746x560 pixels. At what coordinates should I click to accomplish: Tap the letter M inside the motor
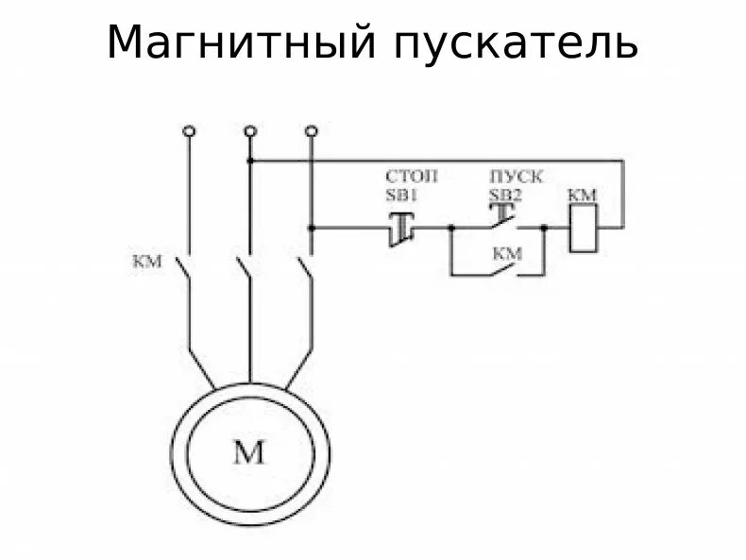(x=249, y=453)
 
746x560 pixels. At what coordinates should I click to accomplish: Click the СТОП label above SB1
(x=412, y=177)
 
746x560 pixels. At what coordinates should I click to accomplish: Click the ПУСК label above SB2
(x=516, y=177)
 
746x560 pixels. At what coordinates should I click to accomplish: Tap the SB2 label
(x=505, y=195)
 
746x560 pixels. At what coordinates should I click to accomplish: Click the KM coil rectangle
(x=583, y=228)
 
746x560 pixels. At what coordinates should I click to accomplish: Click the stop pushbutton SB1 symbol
(x=403, y=228)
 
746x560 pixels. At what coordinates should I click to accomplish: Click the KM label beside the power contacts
(x=149, y=261)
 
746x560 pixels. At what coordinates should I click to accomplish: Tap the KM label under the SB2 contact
(x=507, y=253)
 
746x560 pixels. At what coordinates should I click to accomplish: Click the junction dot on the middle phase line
(x=250, y=161)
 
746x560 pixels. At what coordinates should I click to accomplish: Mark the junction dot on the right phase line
(x=312, y=228)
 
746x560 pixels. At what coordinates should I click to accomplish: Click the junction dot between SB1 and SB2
(x=452, y=228)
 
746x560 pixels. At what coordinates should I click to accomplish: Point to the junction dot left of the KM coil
(x=545, y=228)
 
